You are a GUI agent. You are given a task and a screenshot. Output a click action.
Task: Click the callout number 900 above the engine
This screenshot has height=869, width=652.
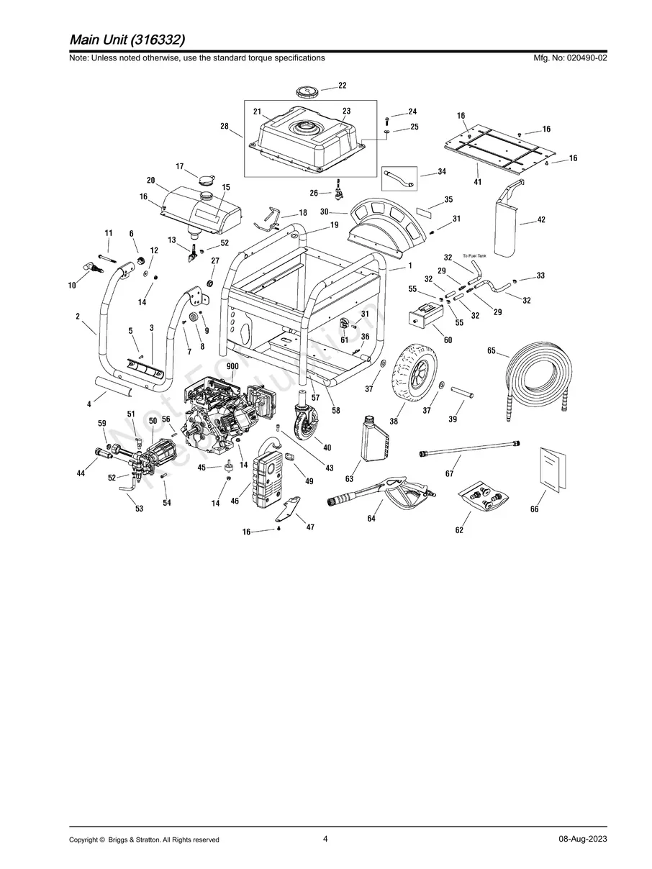(x=232, y=367)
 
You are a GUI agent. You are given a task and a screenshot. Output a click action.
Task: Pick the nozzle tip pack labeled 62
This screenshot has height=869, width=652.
(x=486, y=496)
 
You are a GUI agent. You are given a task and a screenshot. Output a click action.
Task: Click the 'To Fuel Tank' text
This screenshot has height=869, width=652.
(x=475, y=256)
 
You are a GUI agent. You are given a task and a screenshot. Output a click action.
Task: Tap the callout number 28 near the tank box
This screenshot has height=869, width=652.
(x=225, y=126)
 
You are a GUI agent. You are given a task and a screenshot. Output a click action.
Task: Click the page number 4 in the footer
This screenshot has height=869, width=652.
(x=325, y=838)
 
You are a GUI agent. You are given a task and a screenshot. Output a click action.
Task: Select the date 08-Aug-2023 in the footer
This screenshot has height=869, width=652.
(x=582, y=840)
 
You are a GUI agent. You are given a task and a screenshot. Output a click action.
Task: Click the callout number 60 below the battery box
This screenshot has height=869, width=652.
(x=448, y=340)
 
